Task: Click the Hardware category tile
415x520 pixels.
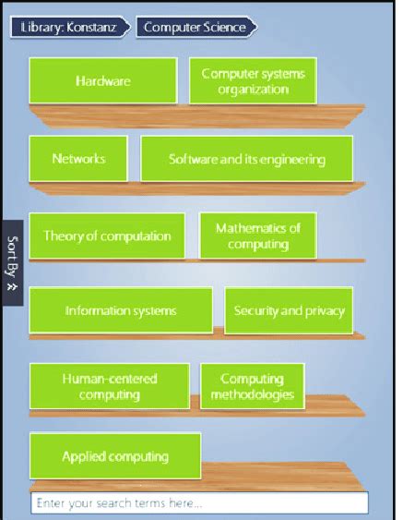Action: click(x=102, y=80)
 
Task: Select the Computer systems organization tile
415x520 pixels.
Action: click(x=253, y=80)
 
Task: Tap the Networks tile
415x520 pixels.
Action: click(x=78, y=159)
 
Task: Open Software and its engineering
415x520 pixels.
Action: click(x=246, y=159)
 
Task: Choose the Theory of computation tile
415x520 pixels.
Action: click(x=107, y=236)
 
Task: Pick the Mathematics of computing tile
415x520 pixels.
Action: click(x=257, y=236)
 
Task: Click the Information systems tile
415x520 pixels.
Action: click(x=120, y=310)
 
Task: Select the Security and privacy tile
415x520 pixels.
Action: click(x=289, y=310)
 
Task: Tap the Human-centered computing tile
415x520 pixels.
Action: click(x=109, y=386)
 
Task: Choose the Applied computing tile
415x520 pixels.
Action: click(x=114, y=456)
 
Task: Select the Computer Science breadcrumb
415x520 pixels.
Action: click(x=196, y=27)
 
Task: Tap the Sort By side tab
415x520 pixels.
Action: click(x=12, y=262)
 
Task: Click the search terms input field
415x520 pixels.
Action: click(x=199, y=503)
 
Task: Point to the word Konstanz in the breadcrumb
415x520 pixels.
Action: click(x=97, y=27)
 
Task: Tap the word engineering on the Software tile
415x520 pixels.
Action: click(x=290, y=159)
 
